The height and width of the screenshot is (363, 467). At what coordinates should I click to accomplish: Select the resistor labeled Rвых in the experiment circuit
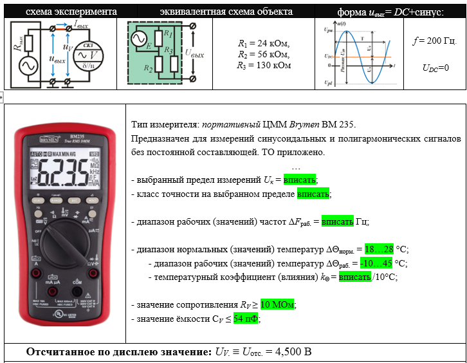17,43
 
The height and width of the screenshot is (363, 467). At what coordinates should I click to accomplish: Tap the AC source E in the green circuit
138,41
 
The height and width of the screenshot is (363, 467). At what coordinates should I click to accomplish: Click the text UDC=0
435,68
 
